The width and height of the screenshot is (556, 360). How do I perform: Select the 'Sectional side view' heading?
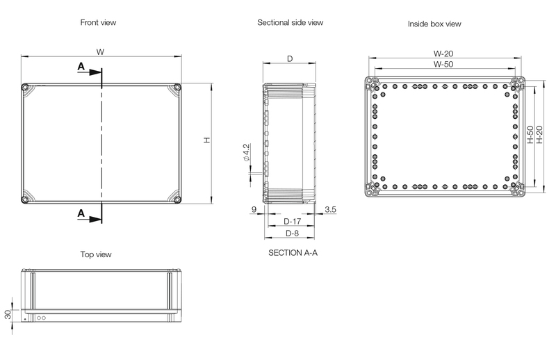pyautogui.click(x=290, y=22)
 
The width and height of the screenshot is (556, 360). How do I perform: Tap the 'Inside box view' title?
pyautogui.click(x=434, y=24)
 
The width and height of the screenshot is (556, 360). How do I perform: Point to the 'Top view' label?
pyautogui.click(x=95, y=254)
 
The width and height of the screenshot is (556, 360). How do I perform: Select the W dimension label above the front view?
pyautogui.click(x=100, y=51)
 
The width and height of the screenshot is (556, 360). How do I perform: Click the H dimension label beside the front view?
pyautogui.click(x=206, y=140)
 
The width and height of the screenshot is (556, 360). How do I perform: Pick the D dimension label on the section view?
pyautogui.click(x=289, y=58)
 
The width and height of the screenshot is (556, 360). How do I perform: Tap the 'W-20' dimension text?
pyautogui.click(x=444, y=53)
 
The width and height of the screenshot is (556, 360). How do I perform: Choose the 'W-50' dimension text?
pyautogui.click(x=444, y=64)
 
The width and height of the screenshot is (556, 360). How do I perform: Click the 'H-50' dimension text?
pyautogui.click(x=530, y=135)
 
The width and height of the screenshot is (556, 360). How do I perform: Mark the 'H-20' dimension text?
pyautogui.click(x=539, y=135)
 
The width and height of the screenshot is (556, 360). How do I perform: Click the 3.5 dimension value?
pyautogui.click(x=330, y=208)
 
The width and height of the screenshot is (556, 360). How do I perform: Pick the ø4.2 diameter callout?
pyautogui.click(x=246, y=153)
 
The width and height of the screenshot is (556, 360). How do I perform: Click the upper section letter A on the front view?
pyautogui.click(x=81, y=66)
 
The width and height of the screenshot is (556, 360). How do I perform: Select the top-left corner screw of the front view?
pyautogui.click(x=26, y=88)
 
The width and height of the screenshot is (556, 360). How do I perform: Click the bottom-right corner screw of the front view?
pyautogui.click(x=177, y=200)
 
